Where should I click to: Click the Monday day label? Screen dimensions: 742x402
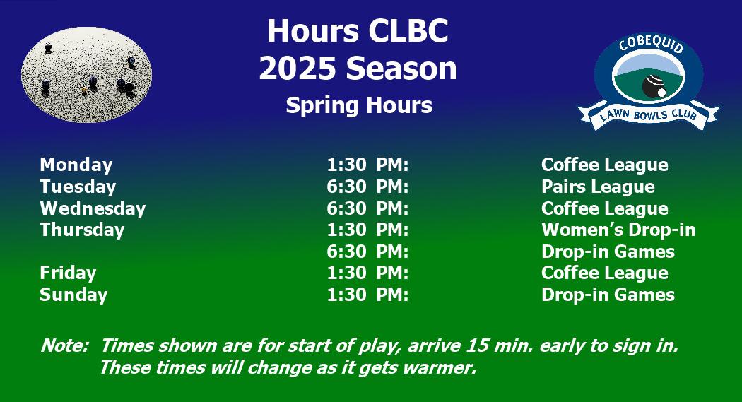[76, 165]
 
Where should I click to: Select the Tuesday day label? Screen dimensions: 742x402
[78, 187]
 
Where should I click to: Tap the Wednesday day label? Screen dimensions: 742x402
[93, 208]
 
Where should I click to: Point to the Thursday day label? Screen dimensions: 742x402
[83, 230]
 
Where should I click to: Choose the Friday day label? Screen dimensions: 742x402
[68, 273]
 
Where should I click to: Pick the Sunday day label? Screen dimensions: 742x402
[73, 295]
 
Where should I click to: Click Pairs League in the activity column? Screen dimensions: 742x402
[598, 187]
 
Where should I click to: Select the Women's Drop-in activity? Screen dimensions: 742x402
[618, 230]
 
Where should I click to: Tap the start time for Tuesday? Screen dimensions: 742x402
[367, 187]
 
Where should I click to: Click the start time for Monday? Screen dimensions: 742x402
[367, 165]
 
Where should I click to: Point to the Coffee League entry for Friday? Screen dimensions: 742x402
[605, 273]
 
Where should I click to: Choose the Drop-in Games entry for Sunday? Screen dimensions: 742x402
[608, 295]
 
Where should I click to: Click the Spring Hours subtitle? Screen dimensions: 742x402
[359, 105]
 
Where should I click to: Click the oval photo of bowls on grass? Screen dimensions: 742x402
[87, 75]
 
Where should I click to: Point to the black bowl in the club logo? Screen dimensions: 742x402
[652, 84]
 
